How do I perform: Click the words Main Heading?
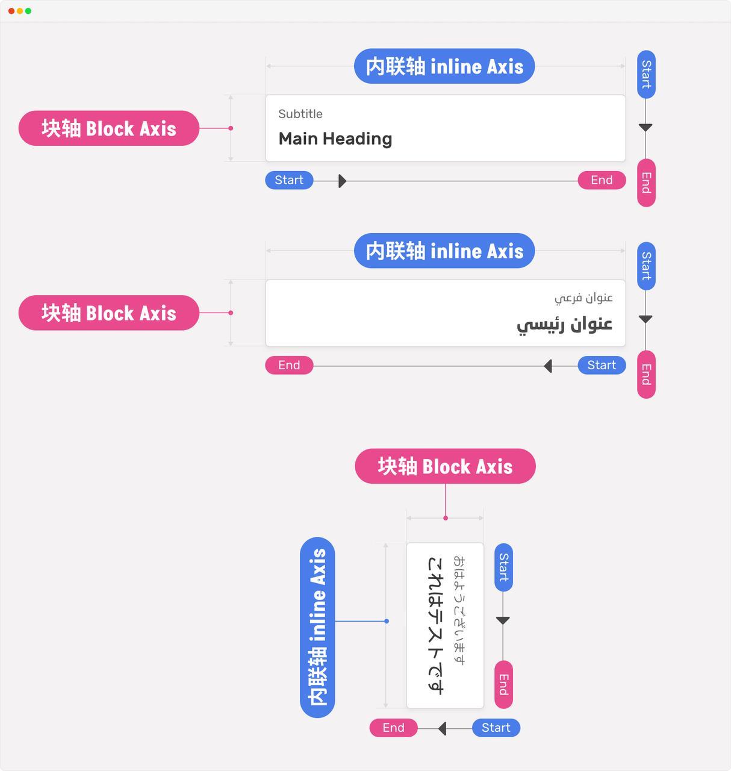click(335, 139)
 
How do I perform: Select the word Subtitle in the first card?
click(300, 114)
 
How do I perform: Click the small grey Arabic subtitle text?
click(583, 298)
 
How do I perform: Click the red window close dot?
click(11, 11)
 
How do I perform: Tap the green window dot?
click(28, 11)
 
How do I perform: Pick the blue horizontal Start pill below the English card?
click(289, 180)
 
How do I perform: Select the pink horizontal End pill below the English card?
click(602, 180)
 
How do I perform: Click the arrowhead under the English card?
click(343, 181)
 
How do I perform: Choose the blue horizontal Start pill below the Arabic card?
click(602, 365)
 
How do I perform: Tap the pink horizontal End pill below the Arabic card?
click(289, 365)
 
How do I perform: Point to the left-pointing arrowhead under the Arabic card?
click(548, 366)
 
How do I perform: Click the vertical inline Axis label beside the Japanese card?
click(317, 628)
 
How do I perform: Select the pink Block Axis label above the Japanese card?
click(445, 466)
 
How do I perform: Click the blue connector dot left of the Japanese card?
click(387, 621)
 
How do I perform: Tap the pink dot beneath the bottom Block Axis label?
click(446, 518)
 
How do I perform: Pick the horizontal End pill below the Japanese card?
click(393, 728)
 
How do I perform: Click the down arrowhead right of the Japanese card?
click(503, 620)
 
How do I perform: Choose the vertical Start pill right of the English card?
click(646, 75)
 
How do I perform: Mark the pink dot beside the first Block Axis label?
click(231, 128)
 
